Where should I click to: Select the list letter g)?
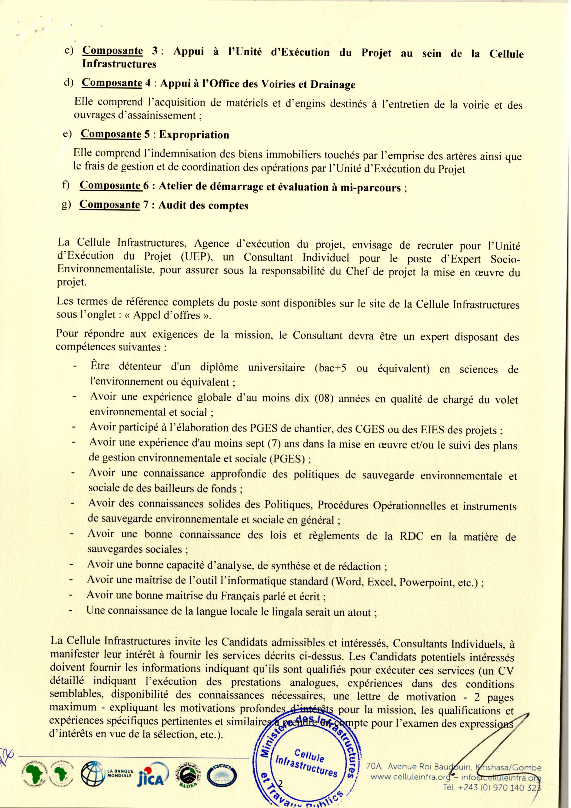tap(67, 205)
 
